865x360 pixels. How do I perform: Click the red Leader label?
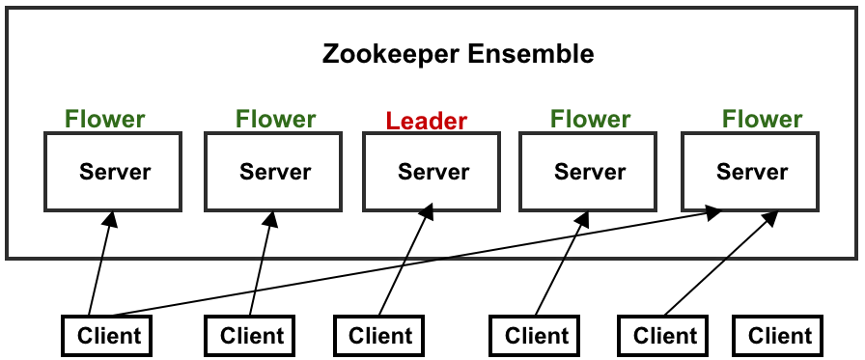pos(426,122)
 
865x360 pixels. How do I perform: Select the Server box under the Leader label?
pos(432,172)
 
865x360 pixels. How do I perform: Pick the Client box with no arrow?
pos(779,336)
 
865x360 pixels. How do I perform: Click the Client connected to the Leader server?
pos(379,336)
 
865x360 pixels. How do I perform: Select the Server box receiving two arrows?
pos(750,172)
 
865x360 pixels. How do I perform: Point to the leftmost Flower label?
pos(105,120)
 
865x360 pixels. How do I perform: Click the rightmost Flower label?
pos(762,120)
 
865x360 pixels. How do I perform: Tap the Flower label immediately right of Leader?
pos(590,120)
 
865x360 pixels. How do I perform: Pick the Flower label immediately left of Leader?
pos(275,120)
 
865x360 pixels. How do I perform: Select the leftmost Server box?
pos(114,172)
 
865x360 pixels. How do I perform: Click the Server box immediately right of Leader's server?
pos(589,172)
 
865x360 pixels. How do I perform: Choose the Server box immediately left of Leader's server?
pos(274,172)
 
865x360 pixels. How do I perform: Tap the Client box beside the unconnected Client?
pos(664,336)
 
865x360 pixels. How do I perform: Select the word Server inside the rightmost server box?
pos(751,173)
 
